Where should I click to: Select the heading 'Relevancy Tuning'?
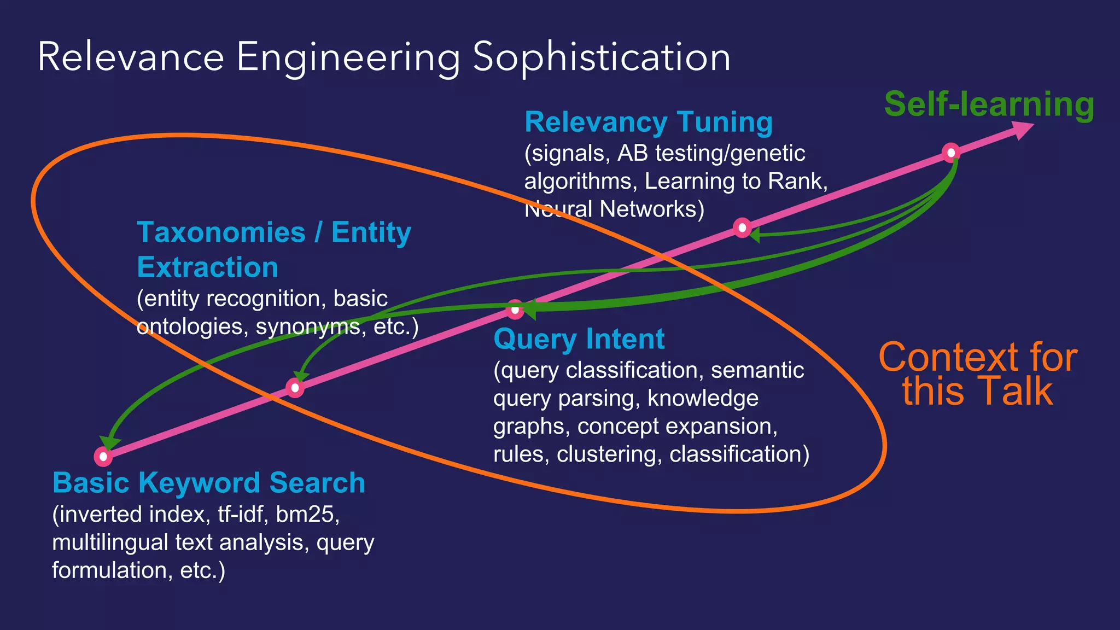tap(648, 122)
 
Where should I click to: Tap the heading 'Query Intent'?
tap(579, 339)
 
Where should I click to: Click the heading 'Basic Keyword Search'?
tap(208, 483)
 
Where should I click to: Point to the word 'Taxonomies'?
tap(221, 232)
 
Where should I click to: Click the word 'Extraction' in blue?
tap(207, 267)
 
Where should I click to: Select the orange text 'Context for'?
tap(977, 358)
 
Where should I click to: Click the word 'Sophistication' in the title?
tap(601, 57)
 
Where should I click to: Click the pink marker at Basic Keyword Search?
tap(103, 456)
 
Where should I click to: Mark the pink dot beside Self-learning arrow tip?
tap(950, 152)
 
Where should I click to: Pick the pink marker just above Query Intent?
tap(515, 310)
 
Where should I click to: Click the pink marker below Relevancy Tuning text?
tap(742, 227)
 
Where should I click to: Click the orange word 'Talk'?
tap(1016, 392)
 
